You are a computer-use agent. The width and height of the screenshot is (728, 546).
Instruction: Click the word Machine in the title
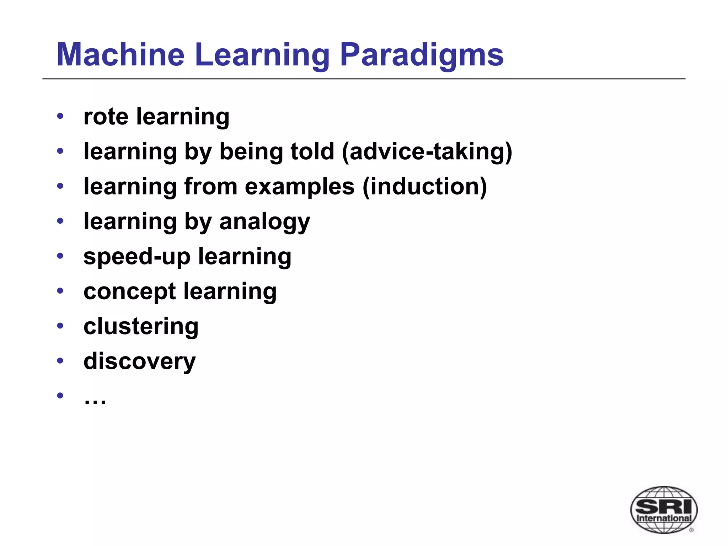click(121, 55)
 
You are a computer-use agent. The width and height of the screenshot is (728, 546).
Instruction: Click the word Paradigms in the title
click(422, 55)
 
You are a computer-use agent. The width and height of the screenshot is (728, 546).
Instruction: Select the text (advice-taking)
click(427, 151)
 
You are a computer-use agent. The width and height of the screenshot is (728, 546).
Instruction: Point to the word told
click(312, 151)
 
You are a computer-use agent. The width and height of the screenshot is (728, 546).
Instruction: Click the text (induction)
click(424, 186)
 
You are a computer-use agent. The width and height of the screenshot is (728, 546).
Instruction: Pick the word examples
click(300, 186)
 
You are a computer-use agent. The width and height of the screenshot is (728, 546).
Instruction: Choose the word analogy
click(264, 222)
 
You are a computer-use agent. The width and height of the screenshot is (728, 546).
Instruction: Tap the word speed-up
click(137, 257)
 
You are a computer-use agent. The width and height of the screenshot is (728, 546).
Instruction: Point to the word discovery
click(139, 361)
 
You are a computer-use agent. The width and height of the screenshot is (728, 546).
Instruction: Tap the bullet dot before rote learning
click(60, 116)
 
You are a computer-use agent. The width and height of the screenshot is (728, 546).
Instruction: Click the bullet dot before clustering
click(60, 326)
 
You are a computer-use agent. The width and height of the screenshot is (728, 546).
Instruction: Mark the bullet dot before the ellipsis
click(60, 395)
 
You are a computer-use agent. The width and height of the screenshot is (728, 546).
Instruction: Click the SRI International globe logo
click(664, 509)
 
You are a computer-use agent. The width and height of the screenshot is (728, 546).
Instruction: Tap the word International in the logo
click(664, 518)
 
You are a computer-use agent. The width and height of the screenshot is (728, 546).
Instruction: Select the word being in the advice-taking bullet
click(251, 151)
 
